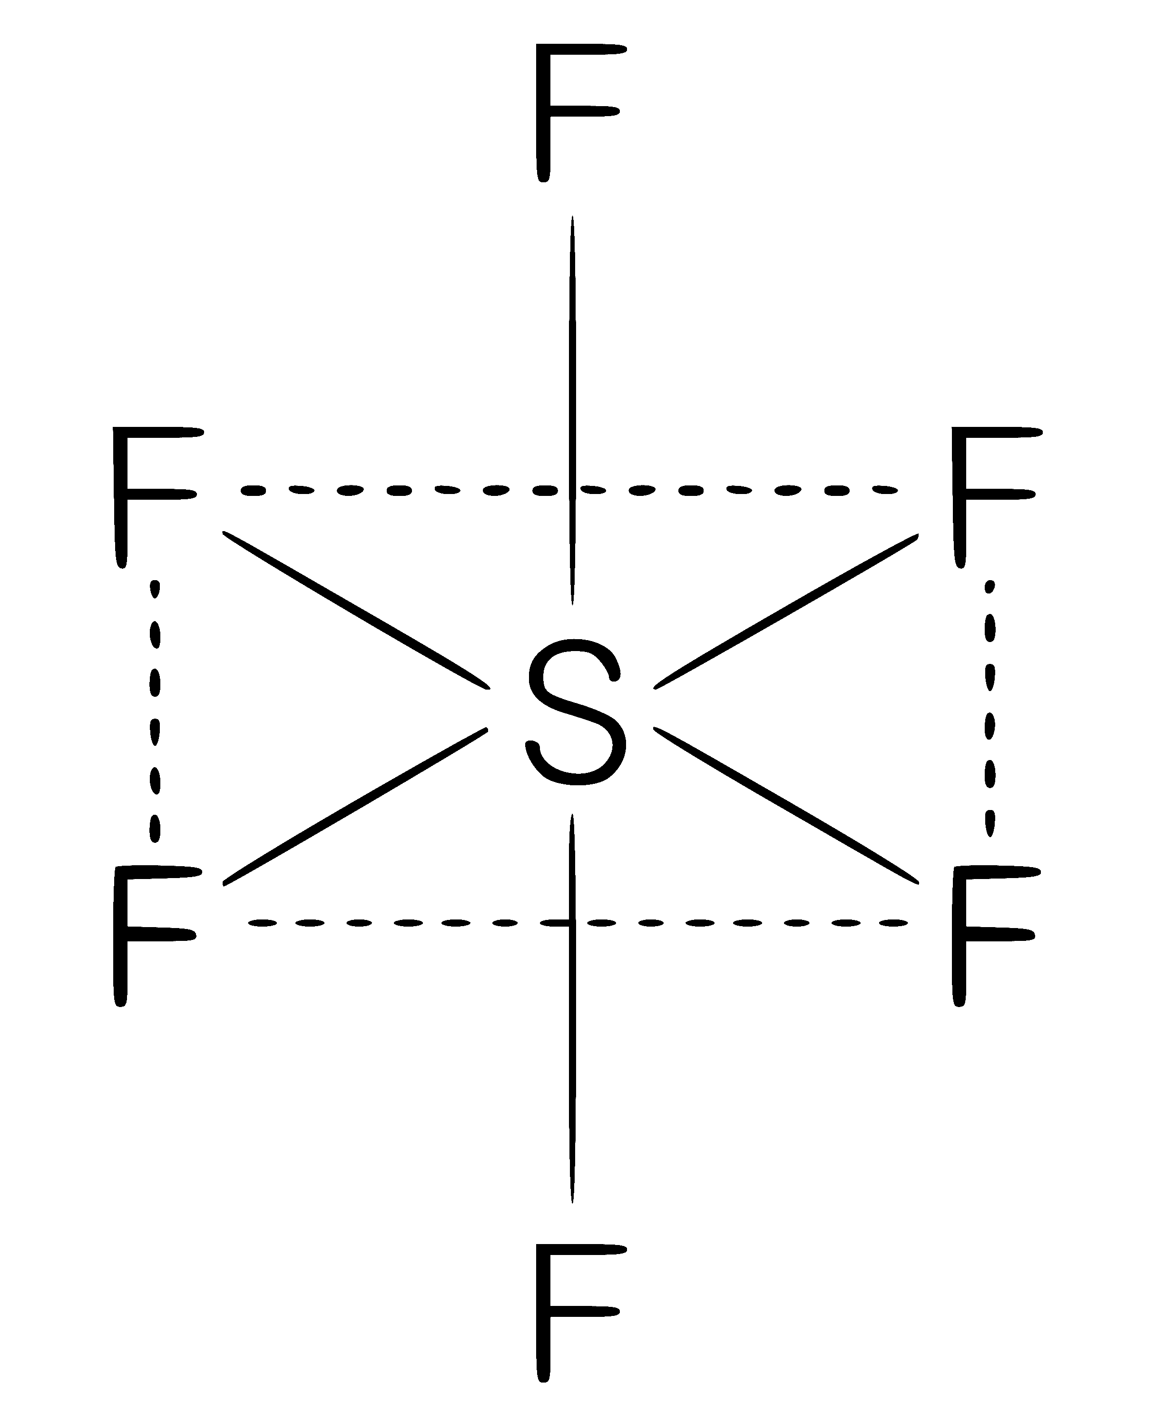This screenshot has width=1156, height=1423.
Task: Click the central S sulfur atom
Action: pos(577,712)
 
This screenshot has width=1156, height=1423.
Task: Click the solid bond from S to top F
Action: pos(572,410)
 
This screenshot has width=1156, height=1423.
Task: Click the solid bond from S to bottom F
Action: pos(572,1008)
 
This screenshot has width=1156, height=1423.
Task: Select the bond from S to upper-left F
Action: pos(356,610)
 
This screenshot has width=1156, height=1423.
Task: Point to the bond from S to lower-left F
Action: pos(355,807)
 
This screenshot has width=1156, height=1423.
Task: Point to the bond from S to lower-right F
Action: pos(786,806)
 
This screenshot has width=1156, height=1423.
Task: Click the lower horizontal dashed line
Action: pos(578,923)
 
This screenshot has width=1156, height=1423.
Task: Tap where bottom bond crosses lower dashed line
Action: pos(572,923)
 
